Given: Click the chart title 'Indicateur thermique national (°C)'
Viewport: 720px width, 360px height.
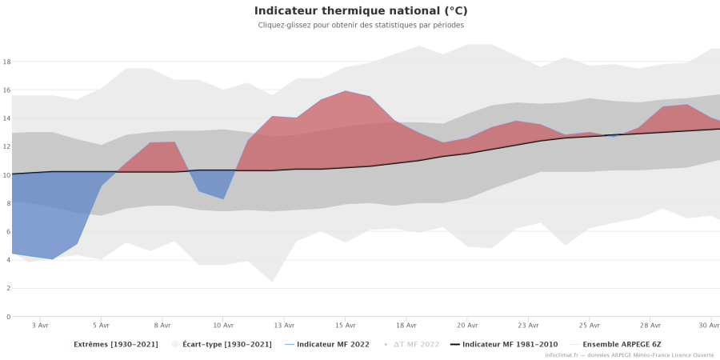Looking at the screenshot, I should [x=360, y=11].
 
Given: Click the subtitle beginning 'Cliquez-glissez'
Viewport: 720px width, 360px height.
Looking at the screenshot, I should [x=360, y=25].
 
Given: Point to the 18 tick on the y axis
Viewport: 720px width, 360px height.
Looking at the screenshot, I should [x=6, y=62].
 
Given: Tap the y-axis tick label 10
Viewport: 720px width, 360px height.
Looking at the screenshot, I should [x=6, y=175].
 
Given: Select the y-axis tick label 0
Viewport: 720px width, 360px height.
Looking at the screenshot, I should [x=7, y=317].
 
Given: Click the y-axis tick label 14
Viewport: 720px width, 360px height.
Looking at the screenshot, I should [x=6, y=118].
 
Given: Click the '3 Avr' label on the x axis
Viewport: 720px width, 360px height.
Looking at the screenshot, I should [x=40, y=326].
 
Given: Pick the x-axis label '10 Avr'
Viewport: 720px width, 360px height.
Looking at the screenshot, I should [x=223, y=326].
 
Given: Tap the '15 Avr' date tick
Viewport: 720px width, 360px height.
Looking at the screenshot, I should [x=345, y=326].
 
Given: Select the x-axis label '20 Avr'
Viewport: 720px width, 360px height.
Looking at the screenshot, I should [x=467, y=326].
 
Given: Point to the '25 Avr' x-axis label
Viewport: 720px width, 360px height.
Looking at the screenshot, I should [x=590, y=326].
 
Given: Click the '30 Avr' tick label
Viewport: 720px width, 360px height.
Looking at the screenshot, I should [x=709, y=326].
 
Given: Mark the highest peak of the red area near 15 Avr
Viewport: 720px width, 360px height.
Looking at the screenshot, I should [x=345, y=91].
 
